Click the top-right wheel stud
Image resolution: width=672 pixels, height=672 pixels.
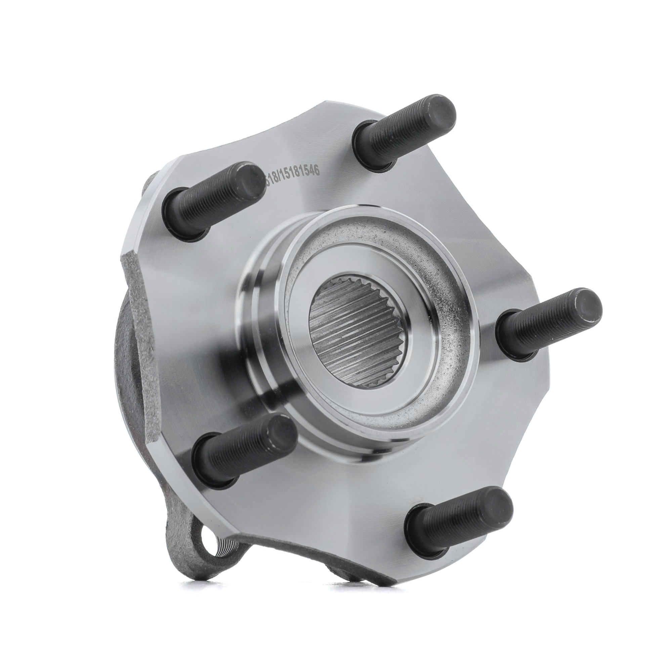[404, 132]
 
